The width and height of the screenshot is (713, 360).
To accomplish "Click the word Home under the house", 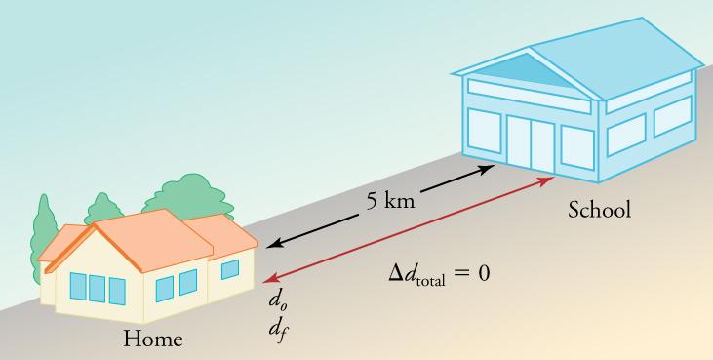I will [x=152, y=340].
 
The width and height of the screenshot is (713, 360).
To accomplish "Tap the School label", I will [x=600, y=209].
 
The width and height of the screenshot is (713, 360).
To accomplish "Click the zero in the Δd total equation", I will [x=483, y=272].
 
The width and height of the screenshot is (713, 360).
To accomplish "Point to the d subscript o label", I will [x=277, y=299].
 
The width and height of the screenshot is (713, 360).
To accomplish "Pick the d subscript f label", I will [x=277, y=326].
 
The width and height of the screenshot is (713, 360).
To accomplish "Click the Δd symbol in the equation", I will [x=404, y=272].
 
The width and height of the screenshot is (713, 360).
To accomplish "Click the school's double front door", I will [x=530, y=143].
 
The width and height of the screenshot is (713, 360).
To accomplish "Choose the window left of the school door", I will [x=485, y=131].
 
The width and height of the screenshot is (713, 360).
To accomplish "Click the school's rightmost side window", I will [x=672, y=115].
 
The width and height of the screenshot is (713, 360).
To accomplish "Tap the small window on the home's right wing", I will [x=230, y=268].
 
